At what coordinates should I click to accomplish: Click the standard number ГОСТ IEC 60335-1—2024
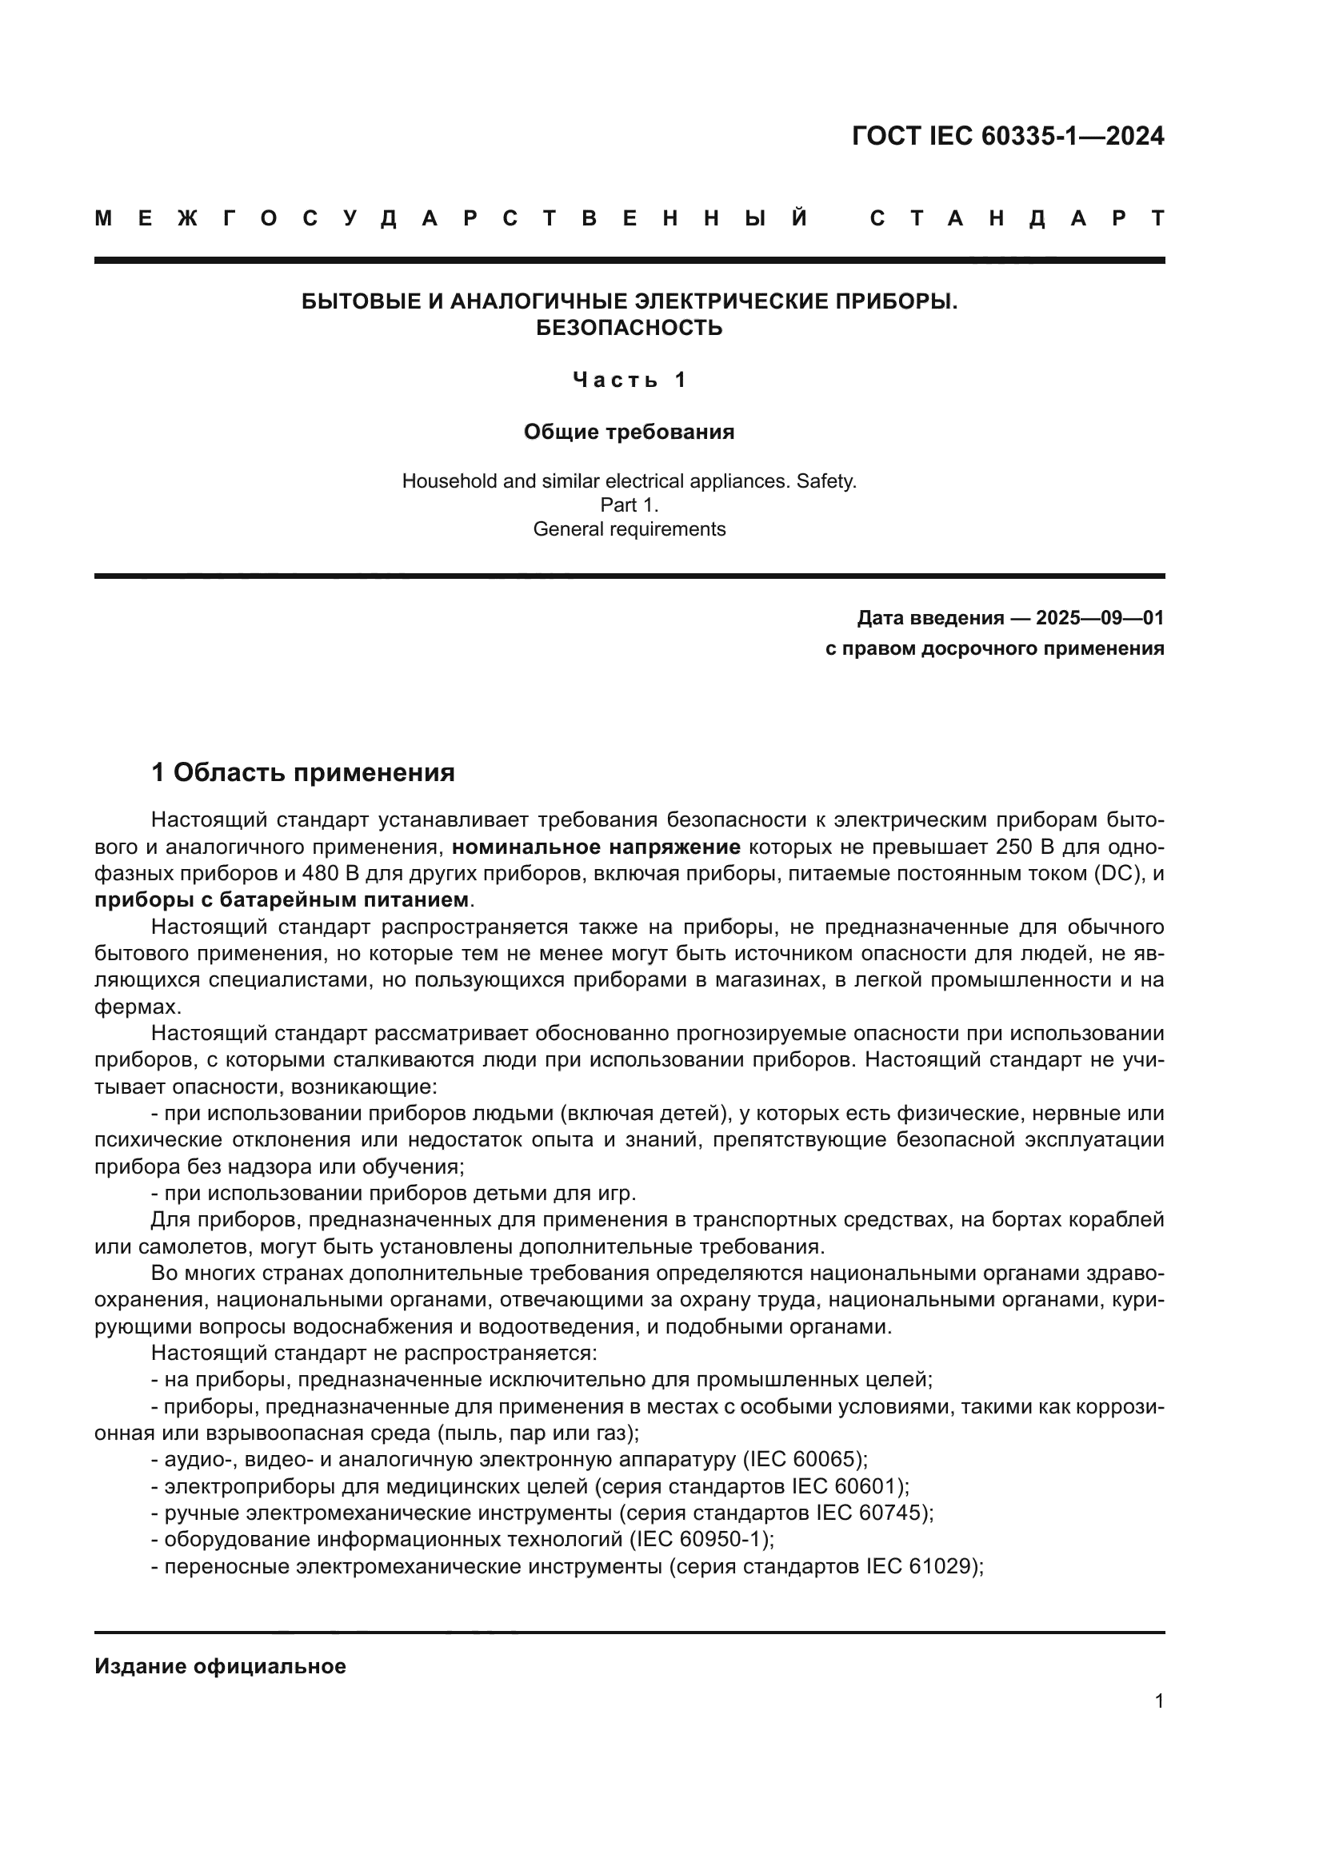(1008, 136)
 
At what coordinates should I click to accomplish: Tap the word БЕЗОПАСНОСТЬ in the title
(629, 329)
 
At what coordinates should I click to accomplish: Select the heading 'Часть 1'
(629, 380)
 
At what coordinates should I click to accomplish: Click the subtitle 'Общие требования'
(629, 432)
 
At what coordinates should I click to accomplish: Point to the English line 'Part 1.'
(629, 505)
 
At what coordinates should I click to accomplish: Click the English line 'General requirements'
(629, 529)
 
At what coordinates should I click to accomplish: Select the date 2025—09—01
(1099, 618)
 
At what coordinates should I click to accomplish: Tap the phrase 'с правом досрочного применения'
(994, 648)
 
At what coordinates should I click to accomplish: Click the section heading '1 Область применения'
(303, 772)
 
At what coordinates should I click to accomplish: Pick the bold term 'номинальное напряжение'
(597, 847)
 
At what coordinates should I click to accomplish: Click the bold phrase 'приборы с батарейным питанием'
(282, 900)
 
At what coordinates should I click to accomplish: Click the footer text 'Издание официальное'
(220, 1666)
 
